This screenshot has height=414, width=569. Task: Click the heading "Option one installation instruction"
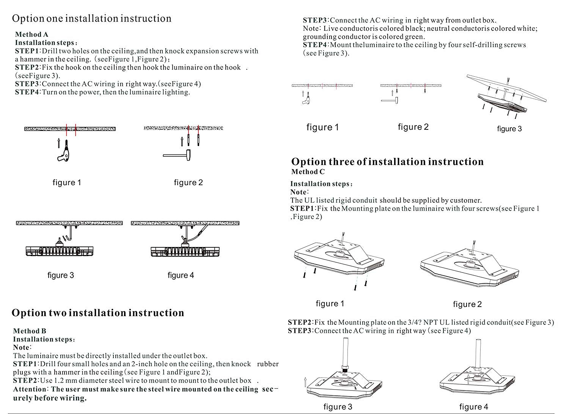(91, 19)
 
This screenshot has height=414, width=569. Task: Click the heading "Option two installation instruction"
(97, 313)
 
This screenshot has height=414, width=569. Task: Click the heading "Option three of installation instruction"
(387, 162)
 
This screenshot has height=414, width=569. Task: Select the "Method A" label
(31, 35)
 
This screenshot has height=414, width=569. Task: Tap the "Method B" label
(30, 331)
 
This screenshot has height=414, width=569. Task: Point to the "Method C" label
(308, 172)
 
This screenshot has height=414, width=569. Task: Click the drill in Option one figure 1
(64, 153)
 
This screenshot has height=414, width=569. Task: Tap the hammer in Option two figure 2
(390, 100)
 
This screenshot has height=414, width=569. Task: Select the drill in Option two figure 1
(307, 99)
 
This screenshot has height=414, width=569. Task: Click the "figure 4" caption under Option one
(181, 275)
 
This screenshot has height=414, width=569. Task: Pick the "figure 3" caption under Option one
(61, 275)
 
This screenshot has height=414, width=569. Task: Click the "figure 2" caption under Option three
(467, 304)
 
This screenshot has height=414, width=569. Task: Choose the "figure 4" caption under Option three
(473, 407)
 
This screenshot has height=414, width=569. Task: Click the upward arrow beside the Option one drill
(58, 143)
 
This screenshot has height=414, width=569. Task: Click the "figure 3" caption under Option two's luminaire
(509, 129)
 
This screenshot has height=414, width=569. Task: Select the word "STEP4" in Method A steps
(27, 92)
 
